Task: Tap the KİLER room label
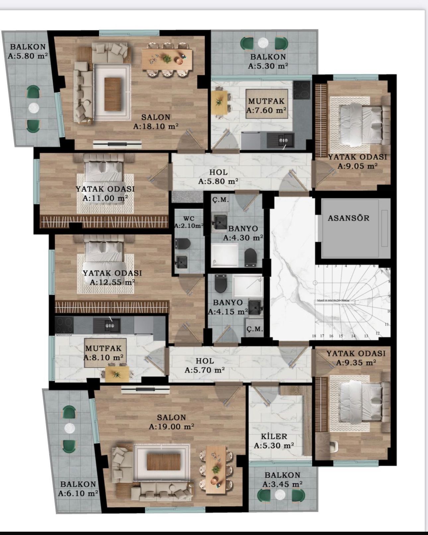coord(274,436)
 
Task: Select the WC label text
coord(189,219)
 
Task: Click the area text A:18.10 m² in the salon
coord(156,126)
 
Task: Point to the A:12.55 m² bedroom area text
coord(112,282)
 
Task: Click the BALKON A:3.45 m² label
coord(282,480)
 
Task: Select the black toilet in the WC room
coord(182,244)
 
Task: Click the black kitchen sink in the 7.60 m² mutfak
coord(282,140)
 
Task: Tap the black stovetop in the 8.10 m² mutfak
coord(64,324)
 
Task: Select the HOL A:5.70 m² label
coord(205,365)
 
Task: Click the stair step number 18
coord(314,336)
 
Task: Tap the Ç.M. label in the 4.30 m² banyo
coord(220,200)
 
